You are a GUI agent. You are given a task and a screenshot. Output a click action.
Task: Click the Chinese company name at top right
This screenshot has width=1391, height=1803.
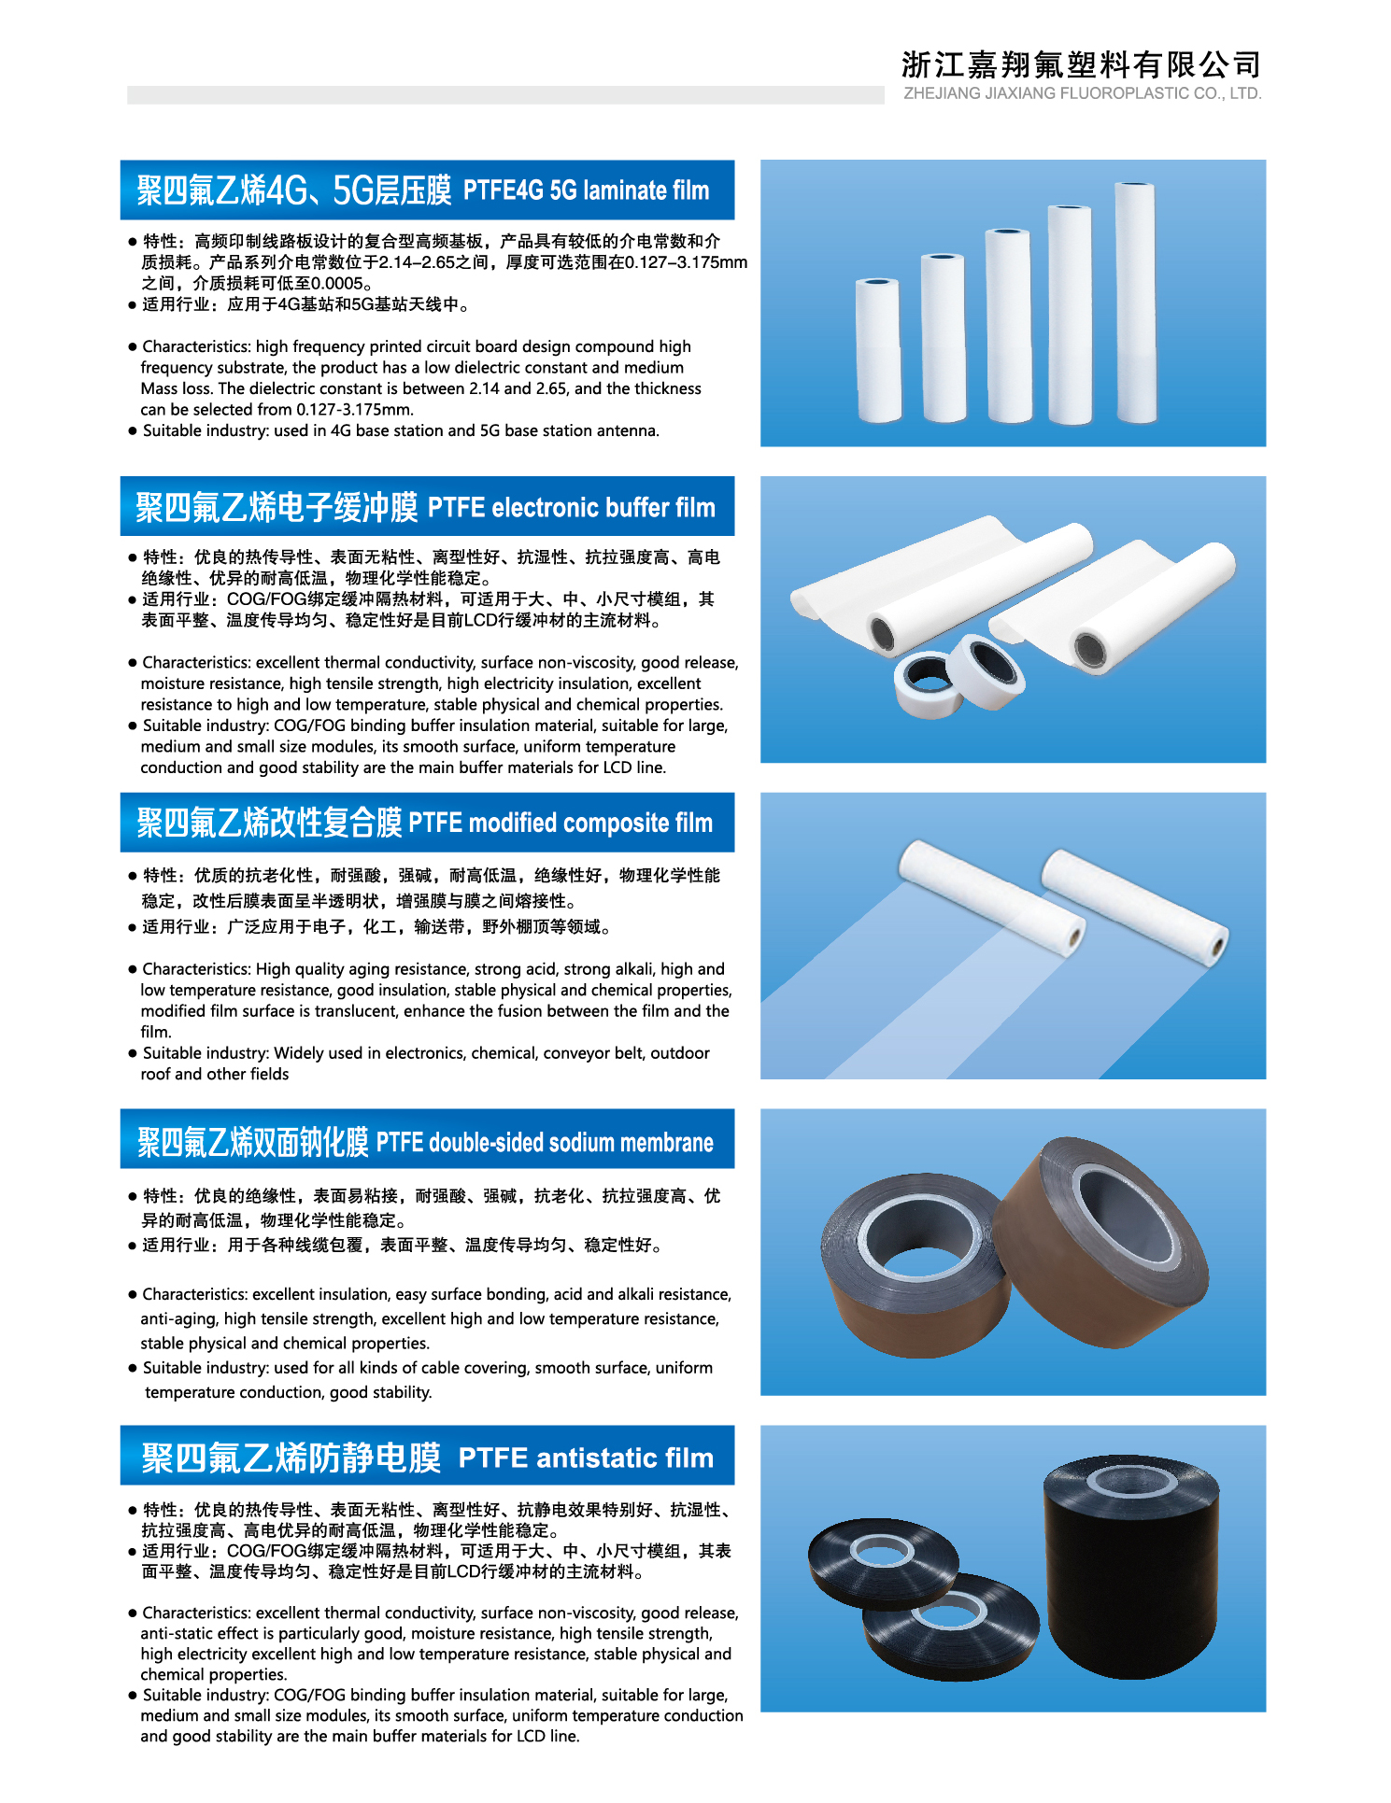(1081, 64)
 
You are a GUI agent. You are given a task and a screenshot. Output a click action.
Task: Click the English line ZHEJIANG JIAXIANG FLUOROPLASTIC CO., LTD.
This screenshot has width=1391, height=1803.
(1082, 93)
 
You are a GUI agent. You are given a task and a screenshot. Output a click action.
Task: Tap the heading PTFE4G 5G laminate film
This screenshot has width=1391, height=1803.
(586, 190)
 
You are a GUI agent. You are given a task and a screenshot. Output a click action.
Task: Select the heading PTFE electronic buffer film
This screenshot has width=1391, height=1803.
(571, 508)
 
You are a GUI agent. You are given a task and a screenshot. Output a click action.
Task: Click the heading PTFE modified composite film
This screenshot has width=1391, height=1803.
(560, 823)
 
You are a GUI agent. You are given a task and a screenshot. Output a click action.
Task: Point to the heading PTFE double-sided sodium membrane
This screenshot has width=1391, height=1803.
(545, 1142)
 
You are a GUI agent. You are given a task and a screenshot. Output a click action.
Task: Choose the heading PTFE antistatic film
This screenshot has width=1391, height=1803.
(586, 1458)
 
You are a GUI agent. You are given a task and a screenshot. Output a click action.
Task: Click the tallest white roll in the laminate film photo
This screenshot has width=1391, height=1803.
(1136, 303)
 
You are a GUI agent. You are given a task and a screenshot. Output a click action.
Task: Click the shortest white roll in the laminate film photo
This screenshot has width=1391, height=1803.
(878, 350)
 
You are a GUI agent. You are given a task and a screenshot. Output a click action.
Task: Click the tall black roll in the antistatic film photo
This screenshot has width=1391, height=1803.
(1130, 1566)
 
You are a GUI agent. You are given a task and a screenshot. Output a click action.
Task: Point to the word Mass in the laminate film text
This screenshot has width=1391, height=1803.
(158, 388)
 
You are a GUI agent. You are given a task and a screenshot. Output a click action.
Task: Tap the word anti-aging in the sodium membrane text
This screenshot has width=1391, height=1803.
(178, 1319)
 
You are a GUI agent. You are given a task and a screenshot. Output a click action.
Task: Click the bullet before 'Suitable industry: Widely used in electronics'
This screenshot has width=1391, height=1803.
(133, 1053)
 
